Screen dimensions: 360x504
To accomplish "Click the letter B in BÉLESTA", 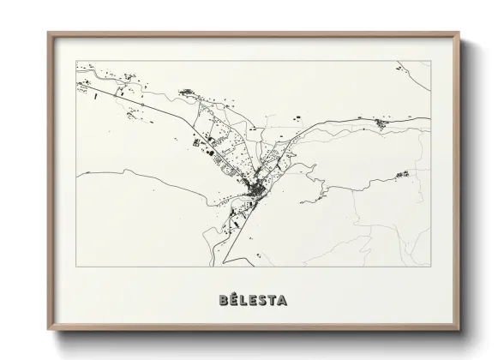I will [x=224, y=301].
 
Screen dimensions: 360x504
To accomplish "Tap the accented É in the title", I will [x=235, y=300].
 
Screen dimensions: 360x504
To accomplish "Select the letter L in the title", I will [x=244, y=301].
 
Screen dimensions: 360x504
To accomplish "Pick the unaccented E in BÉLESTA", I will [x=254, y=301].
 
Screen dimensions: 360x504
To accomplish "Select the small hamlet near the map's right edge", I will [x=400, y=175].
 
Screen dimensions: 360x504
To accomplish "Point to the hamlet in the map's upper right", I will [x=378, y=124].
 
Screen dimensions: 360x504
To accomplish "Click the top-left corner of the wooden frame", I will [x=48, y=33].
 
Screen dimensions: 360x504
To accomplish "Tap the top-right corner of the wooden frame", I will [x=459, y=33].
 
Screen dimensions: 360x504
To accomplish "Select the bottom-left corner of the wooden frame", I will [x=48, y=330].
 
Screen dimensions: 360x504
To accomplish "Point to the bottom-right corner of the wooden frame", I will [x=459, y=330].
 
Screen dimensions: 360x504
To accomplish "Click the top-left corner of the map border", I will [x=76, y=61].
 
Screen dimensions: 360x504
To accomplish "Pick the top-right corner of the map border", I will [x=430, y=61].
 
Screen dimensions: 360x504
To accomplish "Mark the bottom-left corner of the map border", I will [x=76, y=267].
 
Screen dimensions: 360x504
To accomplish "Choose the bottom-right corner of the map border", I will [x=430, y=267].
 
